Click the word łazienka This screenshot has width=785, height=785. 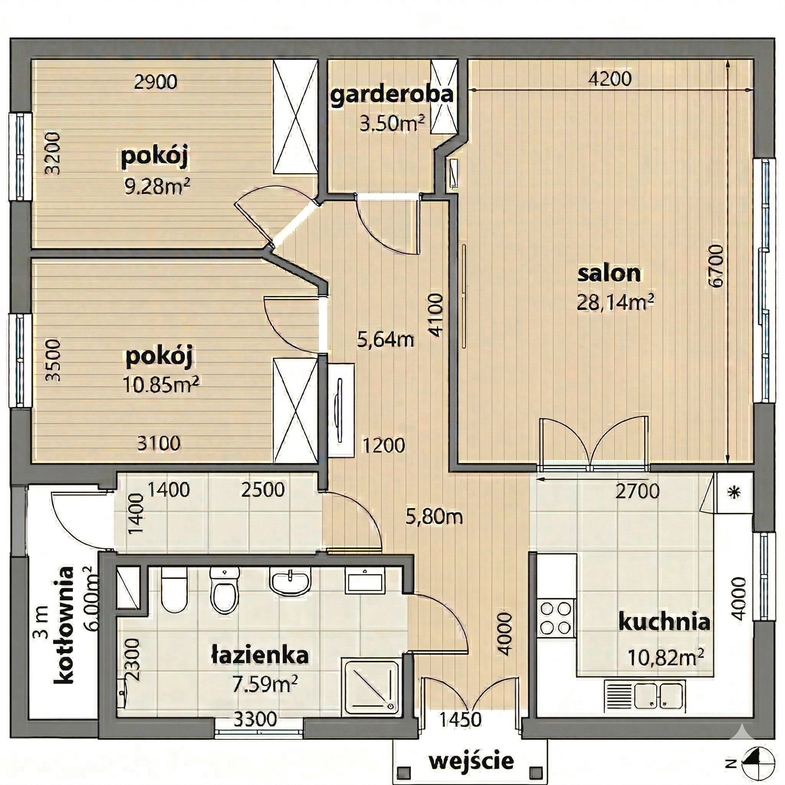pos(260,655)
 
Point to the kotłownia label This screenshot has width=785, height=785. pos(64,625)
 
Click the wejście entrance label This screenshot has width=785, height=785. pos(472,760)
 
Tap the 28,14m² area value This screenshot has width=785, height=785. pos(615,302)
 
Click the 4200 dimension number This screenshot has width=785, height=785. pos(610,79)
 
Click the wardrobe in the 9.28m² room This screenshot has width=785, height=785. pos(296,117)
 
